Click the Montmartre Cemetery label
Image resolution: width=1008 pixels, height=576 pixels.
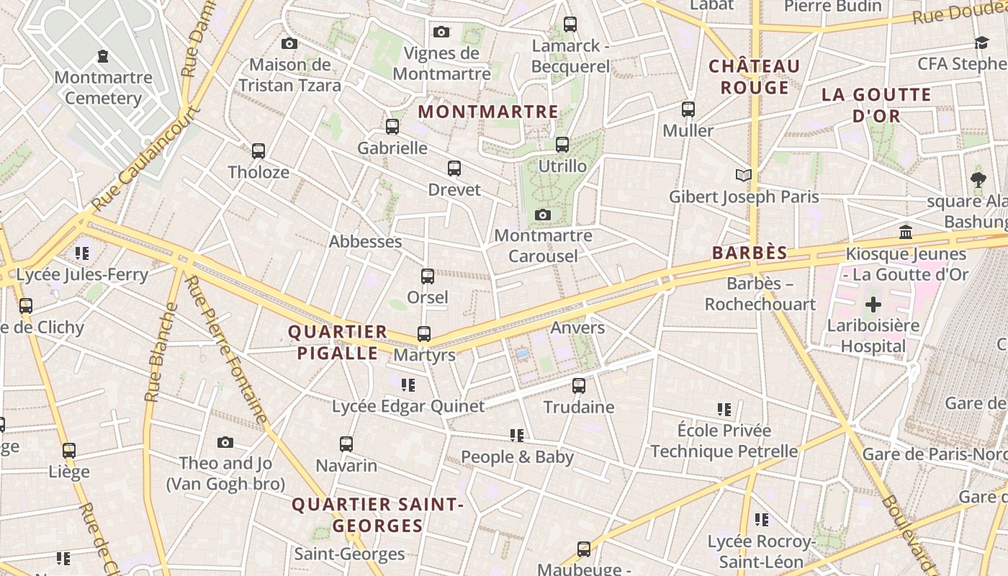coord(103,88)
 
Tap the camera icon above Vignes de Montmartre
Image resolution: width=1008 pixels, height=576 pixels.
coord(441,32)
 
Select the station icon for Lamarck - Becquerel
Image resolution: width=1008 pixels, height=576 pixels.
coord(570,24)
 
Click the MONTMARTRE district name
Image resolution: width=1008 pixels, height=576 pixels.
coord(488,112)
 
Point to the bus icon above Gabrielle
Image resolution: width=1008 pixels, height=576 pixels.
coord(392,127)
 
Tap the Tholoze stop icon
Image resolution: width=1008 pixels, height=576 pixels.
coord(258,151)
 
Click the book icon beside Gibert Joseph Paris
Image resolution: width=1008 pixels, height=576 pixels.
coord(744,175)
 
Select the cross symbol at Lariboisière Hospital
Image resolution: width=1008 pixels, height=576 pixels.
coord(873,304)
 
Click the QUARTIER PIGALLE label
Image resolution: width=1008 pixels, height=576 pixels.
coord(338,343)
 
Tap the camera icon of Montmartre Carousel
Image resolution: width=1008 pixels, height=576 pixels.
coord(544,215)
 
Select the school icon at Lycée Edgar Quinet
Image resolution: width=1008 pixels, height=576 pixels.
coord(408,385)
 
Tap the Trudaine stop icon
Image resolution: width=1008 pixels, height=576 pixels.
coord(579,386)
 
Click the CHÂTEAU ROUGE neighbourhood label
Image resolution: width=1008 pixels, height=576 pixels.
coord(755,77)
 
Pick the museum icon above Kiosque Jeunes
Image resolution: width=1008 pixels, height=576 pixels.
coord(906,233)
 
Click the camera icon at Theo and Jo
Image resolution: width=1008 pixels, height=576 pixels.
coord(225,442)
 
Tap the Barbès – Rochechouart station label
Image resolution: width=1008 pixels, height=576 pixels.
coord(760,294)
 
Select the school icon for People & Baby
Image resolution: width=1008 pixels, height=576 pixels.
coord(517,436)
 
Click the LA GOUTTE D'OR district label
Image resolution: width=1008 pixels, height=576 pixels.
coord(876,105)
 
